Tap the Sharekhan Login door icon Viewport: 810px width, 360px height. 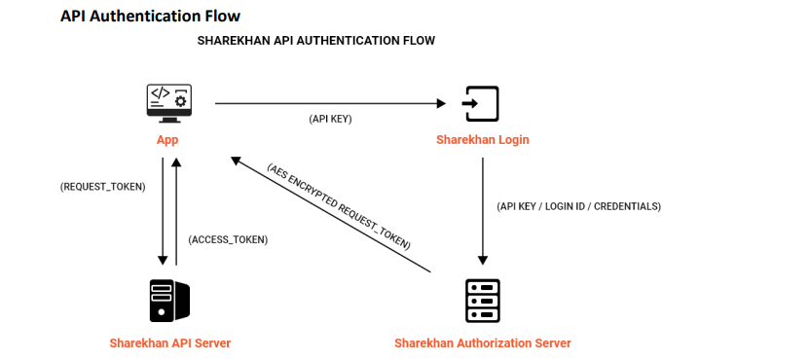point(480,104)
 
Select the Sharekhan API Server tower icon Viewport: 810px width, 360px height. point(169,301)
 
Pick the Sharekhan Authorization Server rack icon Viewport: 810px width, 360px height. point(483,301)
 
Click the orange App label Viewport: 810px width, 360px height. point(167,140)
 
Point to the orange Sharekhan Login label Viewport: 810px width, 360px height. point(483,140)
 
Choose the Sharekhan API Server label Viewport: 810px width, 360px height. point(170,342)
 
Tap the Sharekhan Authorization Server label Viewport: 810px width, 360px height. point(483,342)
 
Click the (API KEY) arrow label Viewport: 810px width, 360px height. point(330,119)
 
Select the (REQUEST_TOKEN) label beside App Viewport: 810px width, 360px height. point(103,187)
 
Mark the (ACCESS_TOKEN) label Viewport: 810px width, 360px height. point(228,239)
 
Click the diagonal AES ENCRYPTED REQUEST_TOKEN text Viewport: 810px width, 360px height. point(339,207)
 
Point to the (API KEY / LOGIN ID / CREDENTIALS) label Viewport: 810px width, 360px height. point(578,206)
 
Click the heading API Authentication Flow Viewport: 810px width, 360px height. point(150,16)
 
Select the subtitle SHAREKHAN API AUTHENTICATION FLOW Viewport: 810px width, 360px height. point(316,40)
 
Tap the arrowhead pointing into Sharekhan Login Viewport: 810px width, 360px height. point(442,104)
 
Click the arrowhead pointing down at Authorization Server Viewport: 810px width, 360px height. point(483,260)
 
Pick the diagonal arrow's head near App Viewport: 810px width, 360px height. point(236,162)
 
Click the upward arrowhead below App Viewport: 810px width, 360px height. point(176,162)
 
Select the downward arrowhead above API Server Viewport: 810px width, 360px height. point(163,260)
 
